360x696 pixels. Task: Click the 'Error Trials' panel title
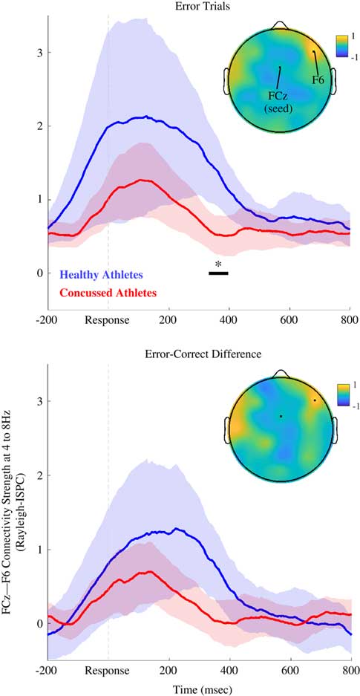pyautogui.click(x=198, y=6)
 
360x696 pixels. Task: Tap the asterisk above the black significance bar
pyautogui.click(x=218, y=264)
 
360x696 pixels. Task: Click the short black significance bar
pyautogui.click(x=218, y=273)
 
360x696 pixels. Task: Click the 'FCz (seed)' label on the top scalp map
pyautogui.click(x=281, y=102)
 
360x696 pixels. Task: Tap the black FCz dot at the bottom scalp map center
pyautogui.click(x=281, y=416)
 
